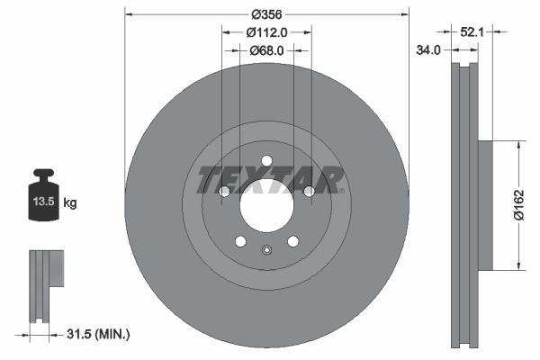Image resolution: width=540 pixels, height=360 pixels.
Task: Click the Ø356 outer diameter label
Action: pyautogui.click(x=266, y=14)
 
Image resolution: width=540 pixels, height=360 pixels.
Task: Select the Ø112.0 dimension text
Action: pyautogui.click(x=266, y=32)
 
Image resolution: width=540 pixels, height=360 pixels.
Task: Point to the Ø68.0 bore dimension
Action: pyautogui.click(x=266, y=51)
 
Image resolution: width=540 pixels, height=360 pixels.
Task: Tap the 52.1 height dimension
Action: pyautogui.click(x=472, y=32)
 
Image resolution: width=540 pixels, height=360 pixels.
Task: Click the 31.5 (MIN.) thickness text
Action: pyautogui.click(x=98, y=334)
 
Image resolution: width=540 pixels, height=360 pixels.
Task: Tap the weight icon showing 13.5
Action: pyautogui.click(x=44, y=193)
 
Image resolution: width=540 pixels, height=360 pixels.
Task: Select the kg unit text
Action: pyautogui.click(x=70, y=203)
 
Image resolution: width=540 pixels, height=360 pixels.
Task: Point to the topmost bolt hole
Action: pyautogui.click(x=266, y=161)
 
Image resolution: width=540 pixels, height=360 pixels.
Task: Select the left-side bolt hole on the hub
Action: pyautogui.click(x=224, y=192)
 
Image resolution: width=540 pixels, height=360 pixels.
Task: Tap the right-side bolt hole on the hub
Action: pyautogui.click(x=309, y=192)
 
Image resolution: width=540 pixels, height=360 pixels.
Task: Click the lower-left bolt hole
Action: pyautogui.click(x=240, y=240)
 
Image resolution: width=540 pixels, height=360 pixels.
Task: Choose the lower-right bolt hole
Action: pyautogui.click(x=292, y=240)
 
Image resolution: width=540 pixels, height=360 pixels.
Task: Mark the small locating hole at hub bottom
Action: pyautogui.click(x=266, y=250)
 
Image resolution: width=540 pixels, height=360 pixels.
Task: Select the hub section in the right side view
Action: pyautogui.click(x=483, y=203)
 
